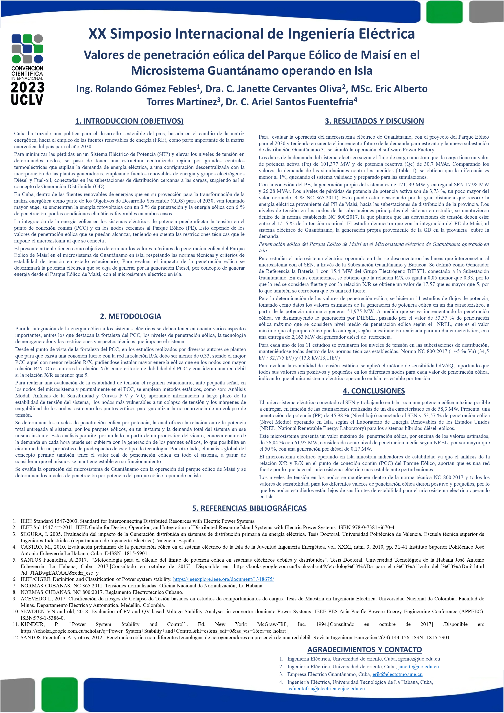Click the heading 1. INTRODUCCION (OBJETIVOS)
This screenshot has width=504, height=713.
coord(129,121)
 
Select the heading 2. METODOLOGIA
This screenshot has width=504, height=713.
coord(131,316)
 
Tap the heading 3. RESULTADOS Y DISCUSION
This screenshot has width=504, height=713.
coord(374,121)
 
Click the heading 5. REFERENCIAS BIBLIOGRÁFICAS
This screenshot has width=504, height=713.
coord(249,508)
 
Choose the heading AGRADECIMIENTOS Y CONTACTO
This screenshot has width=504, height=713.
coord(364,650)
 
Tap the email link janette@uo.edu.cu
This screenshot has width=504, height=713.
coord(418,667)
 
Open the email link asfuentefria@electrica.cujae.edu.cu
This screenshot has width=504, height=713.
coord(326,689)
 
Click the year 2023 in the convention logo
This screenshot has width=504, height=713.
coord(27,87)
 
